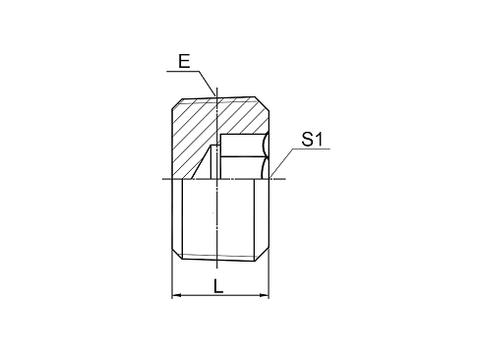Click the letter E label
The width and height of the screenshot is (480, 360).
[184, 61]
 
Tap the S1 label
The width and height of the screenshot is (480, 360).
[313, 139]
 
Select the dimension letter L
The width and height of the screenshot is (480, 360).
[218, 286]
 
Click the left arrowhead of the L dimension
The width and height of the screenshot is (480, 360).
[176, 295]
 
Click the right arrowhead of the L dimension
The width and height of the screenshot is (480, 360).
[265, 295]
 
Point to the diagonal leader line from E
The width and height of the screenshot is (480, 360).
[208, 84]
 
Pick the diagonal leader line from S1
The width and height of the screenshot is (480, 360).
[281, 163]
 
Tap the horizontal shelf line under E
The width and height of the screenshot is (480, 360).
[183, 71]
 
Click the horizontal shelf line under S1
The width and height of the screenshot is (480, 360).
[312, 149]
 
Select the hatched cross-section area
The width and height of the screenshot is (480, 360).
[197, 131]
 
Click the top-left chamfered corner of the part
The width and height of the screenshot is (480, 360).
[177, 103]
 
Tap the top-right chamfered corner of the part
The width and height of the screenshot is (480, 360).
[263, 103]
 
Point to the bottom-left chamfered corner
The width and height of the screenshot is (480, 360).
[177, 255]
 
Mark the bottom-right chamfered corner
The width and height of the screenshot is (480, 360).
[262, 255]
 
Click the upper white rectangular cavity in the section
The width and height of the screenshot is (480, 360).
[243, 145]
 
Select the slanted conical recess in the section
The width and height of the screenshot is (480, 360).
[205, 164]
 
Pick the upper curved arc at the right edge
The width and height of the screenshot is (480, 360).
[266, 146]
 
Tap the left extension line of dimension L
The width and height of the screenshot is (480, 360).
[172, 275]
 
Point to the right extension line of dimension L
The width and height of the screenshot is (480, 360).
[270, 275]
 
